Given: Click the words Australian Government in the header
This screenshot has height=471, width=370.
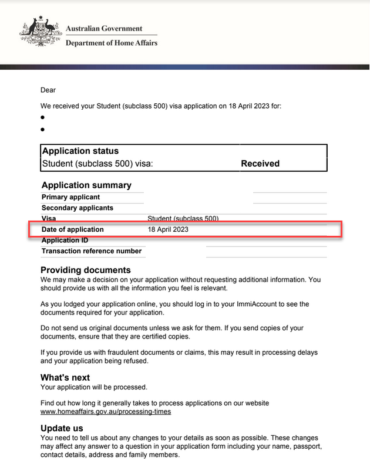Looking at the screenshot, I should [104, 28].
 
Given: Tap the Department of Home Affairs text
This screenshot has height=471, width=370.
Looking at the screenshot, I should [112, 43].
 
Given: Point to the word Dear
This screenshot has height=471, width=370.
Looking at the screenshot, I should [48, 90].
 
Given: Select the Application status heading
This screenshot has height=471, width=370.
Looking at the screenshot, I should [80, 151].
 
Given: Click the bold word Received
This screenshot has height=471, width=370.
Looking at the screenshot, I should [260, 164].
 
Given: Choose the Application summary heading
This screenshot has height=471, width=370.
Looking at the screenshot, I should [86, 185].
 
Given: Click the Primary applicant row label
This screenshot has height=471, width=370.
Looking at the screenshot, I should [70, 197].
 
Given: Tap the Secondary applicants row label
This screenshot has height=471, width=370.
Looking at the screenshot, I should [78, 208].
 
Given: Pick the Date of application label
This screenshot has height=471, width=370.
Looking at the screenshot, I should [72, 229].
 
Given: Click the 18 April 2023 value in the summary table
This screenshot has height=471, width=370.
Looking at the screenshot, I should [168, 229].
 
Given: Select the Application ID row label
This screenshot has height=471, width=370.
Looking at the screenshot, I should [65, 240].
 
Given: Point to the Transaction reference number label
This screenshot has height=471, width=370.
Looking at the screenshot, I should [92, 251].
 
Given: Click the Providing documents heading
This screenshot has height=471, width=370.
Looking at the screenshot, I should [86, 270].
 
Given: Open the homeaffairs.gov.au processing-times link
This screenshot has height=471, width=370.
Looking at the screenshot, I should [106, 412].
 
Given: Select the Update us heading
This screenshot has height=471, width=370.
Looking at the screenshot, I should [62, 429].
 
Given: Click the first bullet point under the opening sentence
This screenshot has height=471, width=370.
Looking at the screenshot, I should [43, 117].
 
